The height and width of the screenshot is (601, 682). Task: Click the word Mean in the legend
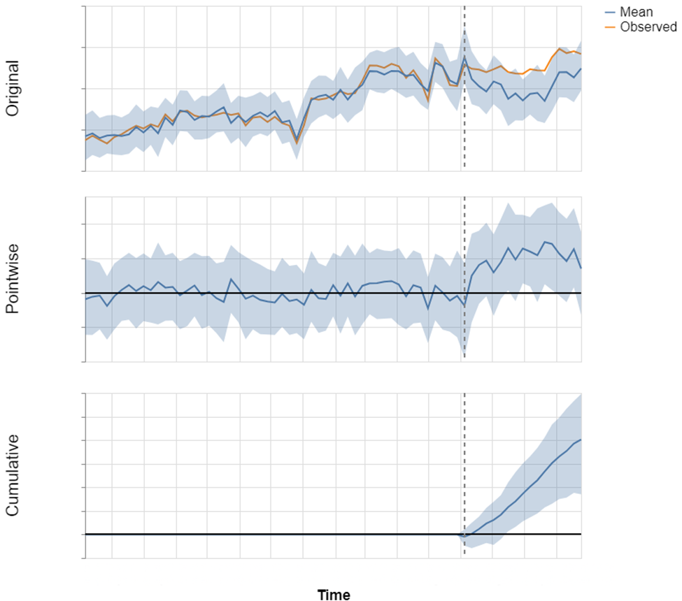pos(636,12)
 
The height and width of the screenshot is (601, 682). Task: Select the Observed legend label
pos(648,27)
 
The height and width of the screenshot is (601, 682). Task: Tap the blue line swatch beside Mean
pos(609,12)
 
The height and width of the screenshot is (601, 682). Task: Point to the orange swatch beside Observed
pos(609,27)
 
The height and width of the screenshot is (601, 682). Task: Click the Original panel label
pos(13,88)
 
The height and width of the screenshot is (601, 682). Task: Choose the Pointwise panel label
pos(13,279)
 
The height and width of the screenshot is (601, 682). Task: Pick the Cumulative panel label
pos(13,475)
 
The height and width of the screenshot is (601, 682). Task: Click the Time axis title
pos(334,595)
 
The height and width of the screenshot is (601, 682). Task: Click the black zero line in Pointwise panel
pos(210,293)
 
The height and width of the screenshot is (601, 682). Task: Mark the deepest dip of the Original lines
pos(297,142)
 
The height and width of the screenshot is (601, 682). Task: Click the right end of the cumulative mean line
pos(581,440)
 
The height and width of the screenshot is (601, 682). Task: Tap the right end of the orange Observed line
pos(581,54)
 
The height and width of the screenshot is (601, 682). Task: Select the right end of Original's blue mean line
pos(581,68)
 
